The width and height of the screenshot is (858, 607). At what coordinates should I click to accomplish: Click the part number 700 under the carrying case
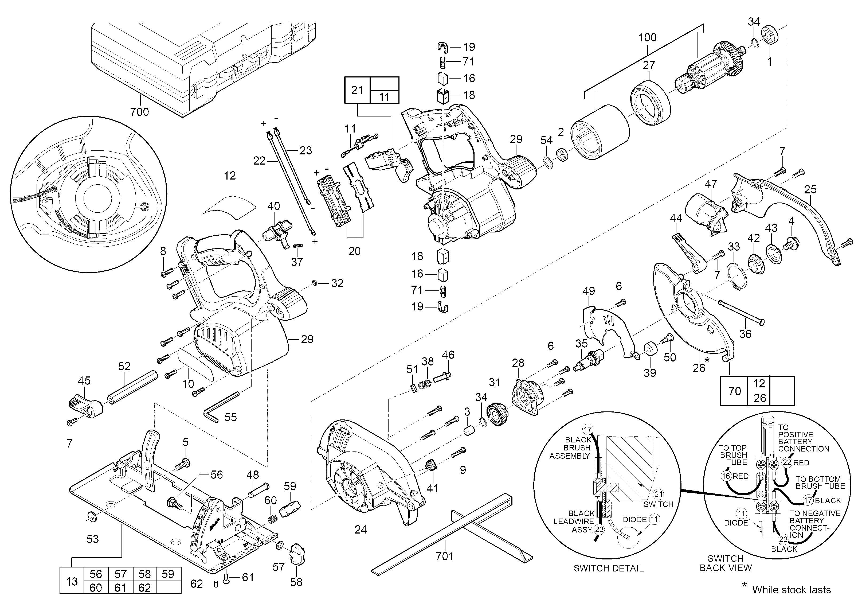pos(139,112)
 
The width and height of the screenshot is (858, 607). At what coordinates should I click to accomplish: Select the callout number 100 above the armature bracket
pos(647,38)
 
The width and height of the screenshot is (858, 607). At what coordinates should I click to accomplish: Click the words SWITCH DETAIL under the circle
pos(608,569)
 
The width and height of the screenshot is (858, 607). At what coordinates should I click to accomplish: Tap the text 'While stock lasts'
pos(791,590)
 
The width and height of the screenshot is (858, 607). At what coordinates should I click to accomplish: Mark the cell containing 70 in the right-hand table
pos(735,391)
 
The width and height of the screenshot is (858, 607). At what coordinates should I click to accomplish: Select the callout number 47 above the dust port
pos(711,184)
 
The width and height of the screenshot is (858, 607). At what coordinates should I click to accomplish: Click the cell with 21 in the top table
pos(357,90)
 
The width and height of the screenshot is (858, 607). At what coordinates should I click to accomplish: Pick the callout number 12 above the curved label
pos(230,176)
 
